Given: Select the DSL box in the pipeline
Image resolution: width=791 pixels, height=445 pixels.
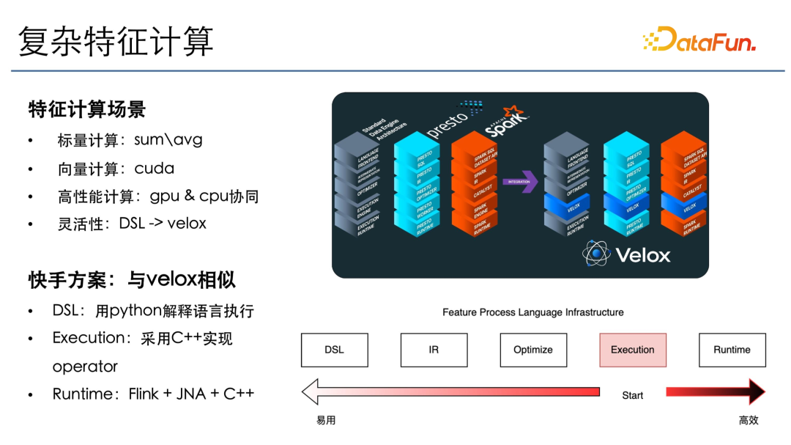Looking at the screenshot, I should tap(334, 350).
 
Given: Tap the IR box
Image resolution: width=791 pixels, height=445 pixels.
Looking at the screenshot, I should tap(434, 350).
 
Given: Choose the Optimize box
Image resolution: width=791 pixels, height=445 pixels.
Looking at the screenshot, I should tap(533, 350).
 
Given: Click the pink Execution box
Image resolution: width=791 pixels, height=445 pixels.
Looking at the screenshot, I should tap(633, 350).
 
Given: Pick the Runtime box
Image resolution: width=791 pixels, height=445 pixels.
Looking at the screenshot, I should tap(732, 350).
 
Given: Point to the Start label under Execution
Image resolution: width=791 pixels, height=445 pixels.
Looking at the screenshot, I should tap(633, 395).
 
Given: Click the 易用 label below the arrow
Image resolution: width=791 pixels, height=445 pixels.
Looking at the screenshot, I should tap(326, 420).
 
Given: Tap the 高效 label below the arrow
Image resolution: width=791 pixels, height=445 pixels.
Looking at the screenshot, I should tap(749, 420).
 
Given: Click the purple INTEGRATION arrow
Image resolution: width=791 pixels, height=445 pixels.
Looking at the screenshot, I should tap(519, 181).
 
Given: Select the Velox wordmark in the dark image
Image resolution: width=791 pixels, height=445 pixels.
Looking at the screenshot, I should tap(642, 255).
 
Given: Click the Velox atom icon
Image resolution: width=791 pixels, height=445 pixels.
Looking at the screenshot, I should tap(596, 253).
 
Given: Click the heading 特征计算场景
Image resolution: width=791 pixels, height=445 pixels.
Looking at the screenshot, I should tap(87, 109).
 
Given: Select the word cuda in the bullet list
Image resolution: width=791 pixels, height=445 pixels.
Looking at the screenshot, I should tap(155, 169).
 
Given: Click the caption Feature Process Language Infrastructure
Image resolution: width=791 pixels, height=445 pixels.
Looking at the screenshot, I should tap(533, 312).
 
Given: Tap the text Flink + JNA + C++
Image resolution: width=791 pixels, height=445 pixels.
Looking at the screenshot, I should tap(191, 394).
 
